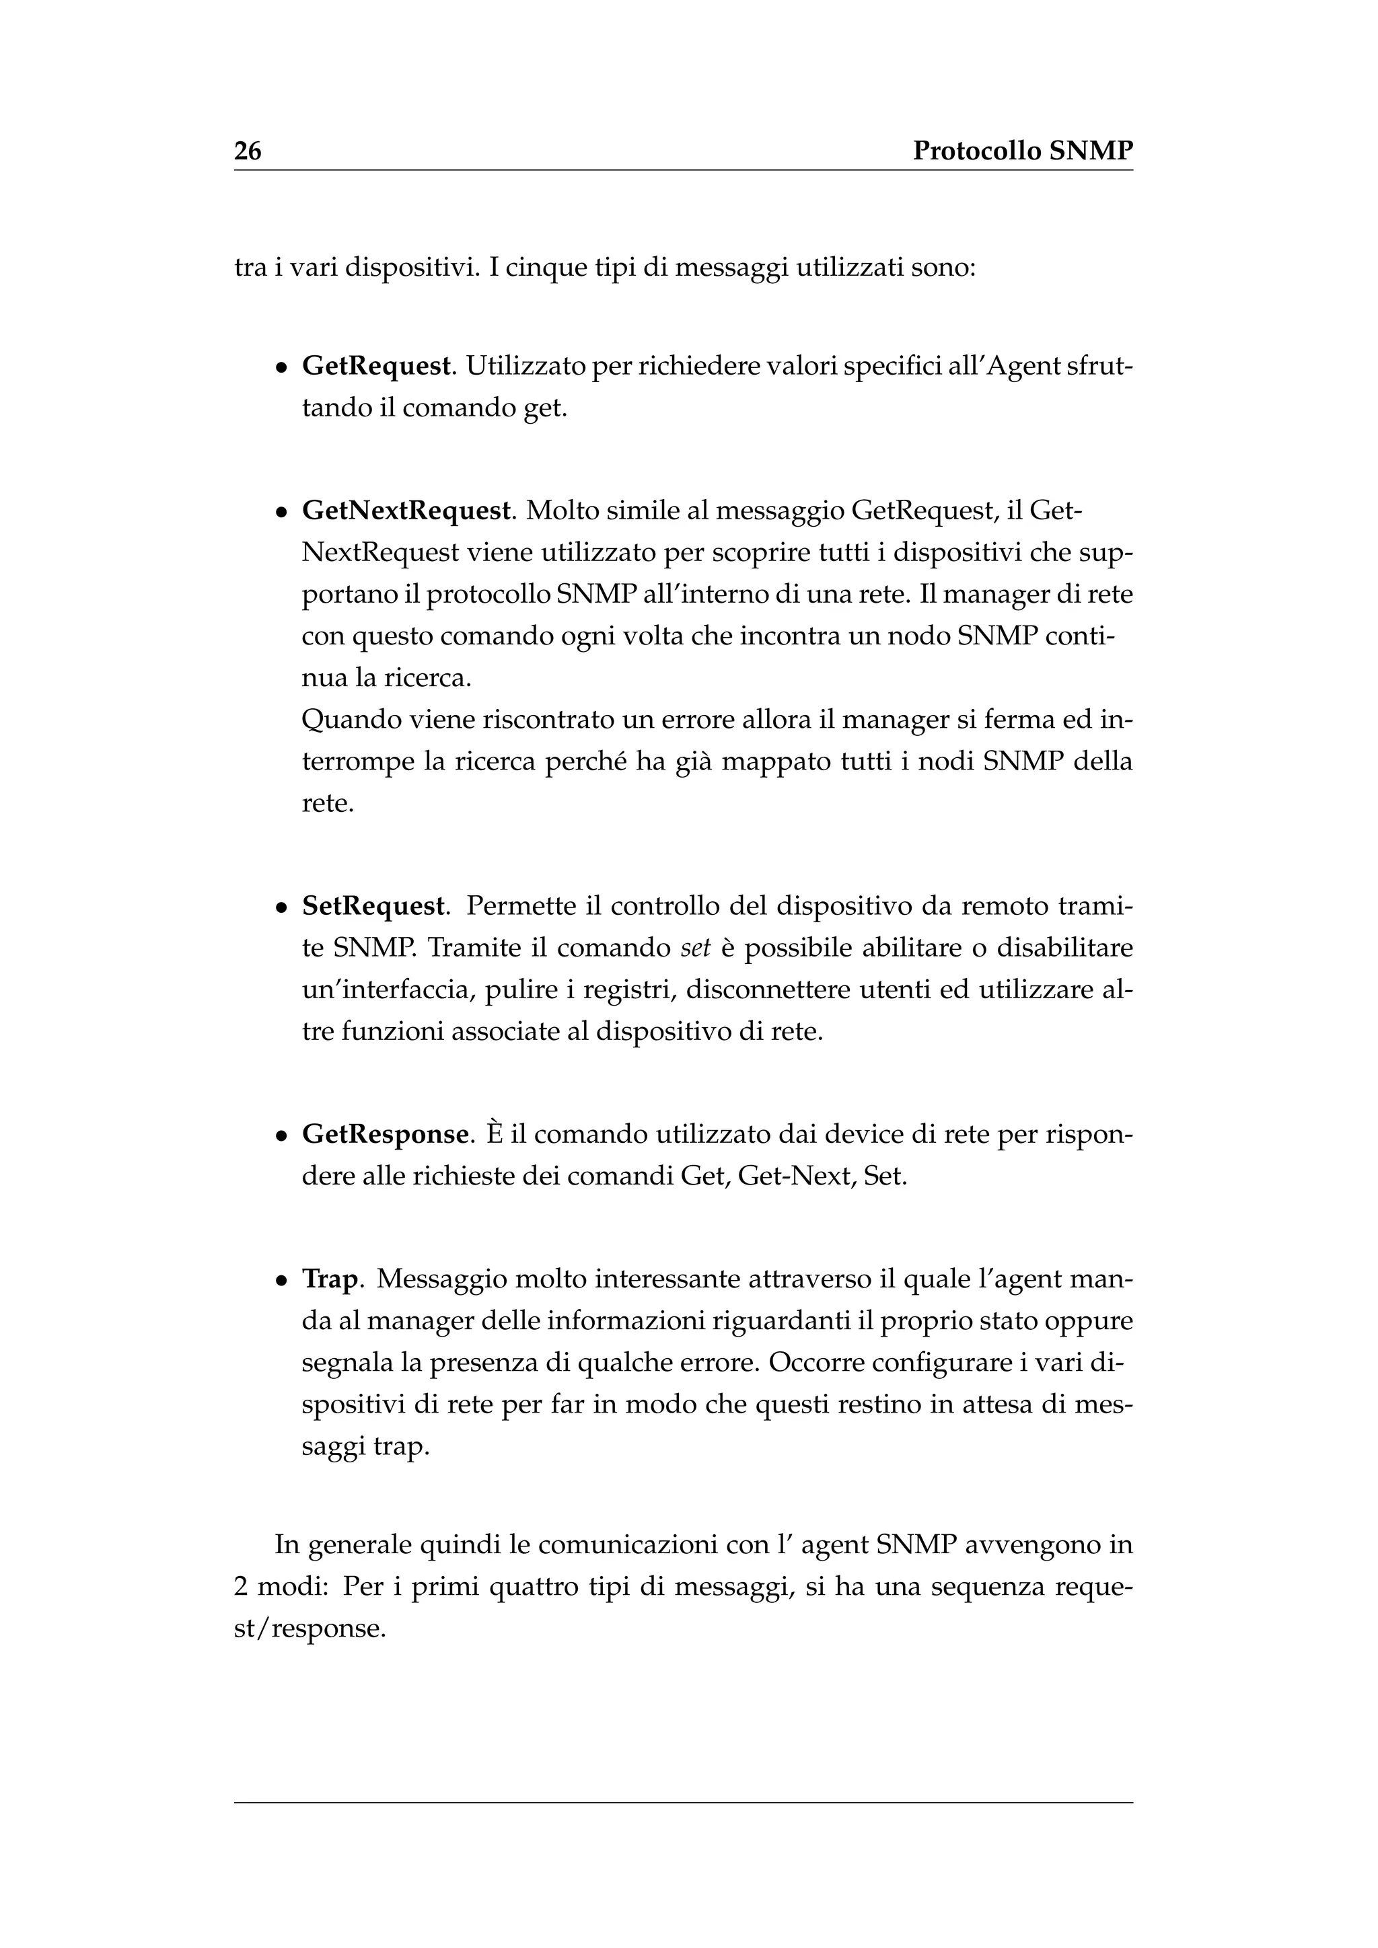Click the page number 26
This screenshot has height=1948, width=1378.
(248, 151)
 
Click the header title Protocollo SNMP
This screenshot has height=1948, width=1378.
(1023, 151)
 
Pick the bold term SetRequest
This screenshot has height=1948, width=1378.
(373, 906)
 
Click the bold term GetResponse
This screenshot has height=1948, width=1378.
(386, 1134)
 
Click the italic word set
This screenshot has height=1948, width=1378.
(695, 948)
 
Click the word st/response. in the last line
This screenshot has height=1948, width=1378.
(310, 1628)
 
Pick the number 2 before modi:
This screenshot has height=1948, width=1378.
(241, 1587)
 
